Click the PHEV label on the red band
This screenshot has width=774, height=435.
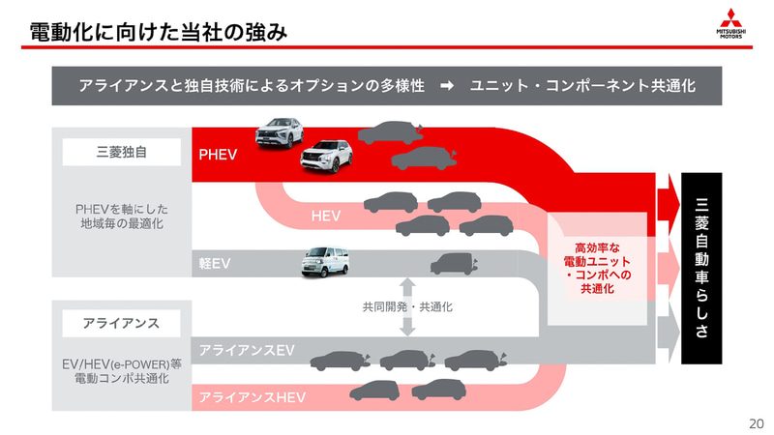coord(218,154)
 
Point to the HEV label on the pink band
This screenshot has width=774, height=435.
coord(326,216)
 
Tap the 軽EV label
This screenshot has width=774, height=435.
coord(215,263)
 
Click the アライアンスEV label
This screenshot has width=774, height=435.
coord(247,350)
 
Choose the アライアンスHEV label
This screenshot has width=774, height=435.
coord(252,397)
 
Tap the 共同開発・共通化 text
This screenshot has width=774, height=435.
coord(407,307)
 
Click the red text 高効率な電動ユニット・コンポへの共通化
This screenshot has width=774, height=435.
coord(597,268)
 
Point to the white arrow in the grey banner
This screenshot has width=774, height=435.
coord(447,86)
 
